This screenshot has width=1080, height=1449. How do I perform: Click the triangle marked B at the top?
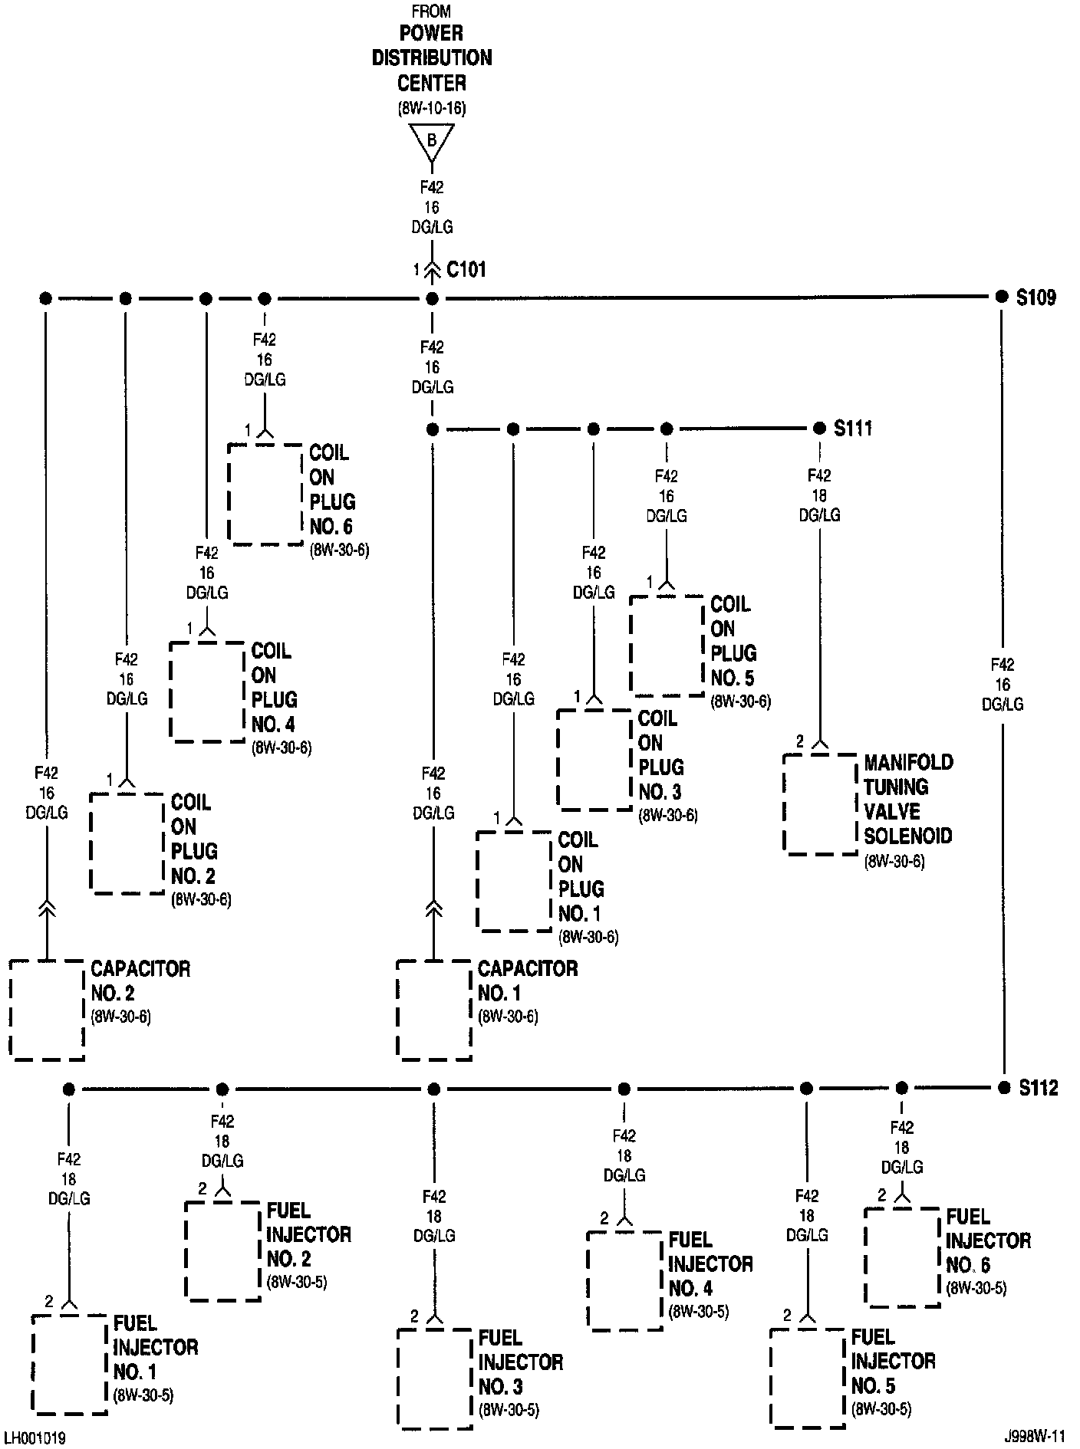pyautogui.click(x=431, y=140)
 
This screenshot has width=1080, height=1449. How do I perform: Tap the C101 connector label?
pyautogui.click(x=466, y=270)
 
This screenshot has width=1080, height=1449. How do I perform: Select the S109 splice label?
pyautogui.click(x=1036, y=297)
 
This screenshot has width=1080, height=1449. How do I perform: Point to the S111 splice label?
pyautogui.click(x=853, y=429)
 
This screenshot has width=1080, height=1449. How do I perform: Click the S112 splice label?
pyautogui.click(x=1039, y=1088)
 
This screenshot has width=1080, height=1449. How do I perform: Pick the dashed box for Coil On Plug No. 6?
pyautogui.click(x=265, y=495)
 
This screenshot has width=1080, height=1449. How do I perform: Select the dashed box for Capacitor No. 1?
pyautogui.click(x=434, y=1010)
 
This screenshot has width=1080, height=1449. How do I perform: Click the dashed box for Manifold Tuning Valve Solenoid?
pyautogui.click(x=820, y=804)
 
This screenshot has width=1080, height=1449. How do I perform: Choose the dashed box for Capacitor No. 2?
pyautogui.click(x=47, y=1010)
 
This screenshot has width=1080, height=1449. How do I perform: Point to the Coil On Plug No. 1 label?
pyautogui.click(x=581, y=877)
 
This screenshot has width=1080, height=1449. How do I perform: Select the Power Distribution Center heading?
pyautogui.click(x=432, y=58)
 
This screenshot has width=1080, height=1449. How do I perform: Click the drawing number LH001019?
pyautogui.click(x=35, y=1438)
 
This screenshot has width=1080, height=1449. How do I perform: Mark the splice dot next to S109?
pyautogui.click(x=1001, y=297)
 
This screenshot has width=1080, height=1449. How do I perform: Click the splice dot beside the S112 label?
pyautogui.click(x=1003, y=1088)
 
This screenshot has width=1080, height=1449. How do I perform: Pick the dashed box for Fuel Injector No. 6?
pyautogui.click(x=902, y=1257)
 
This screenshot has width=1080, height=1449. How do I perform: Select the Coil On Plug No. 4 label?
pyautogui.click(x=273, y=688)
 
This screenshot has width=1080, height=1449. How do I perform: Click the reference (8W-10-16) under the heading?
pyautogui.click(x=432, y=108)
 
